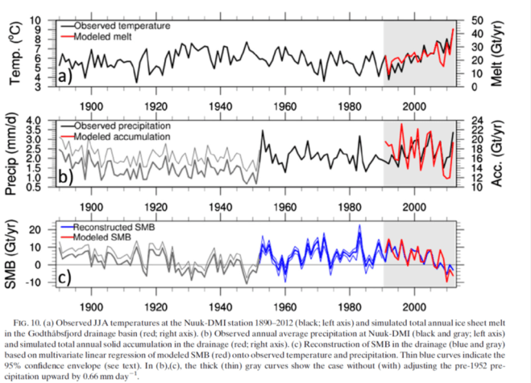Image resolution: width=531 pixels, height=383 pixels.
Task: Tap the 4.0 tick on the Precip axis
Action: tap(40, 121)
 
